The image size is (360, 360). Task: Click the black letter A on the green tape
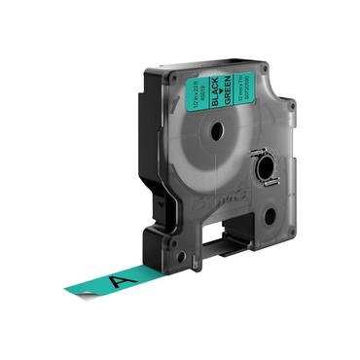pyautogui.click(x=121, y=278)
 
